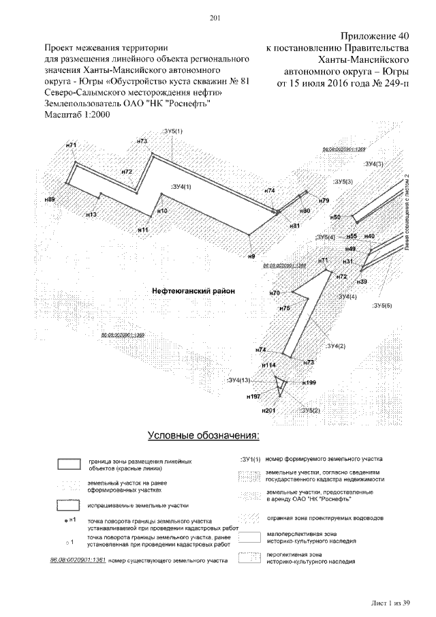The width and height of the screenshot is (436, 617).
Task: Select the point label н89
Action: [x=49, y=199]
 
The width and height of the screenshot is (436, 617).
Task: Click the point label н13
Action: [x=91, y=215]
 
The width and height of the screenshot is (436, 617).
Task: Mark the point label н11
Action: [x=143, y=230]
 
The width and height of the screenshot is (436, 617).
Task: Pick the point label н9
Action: [x=251, y=256]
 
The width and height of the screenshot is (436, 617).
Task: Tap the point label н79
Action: [x=324, y=200]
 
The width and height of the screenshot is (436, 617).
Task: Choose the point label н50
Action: [x=335, y=217]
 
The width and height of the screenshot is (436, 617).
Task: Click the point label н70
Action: [x=275, y=292]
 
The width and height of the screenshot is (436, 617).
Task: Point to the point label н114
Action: [x=270, y=365]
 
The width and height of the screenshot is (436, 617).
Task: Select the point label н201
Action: [x=268, y=411]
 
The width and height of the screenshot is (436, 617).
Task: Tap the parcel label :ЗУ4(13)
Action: [x=239, y=380]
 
